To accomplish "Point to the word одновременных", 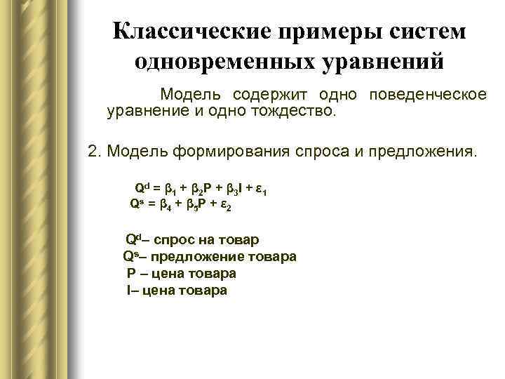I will click(220, 61).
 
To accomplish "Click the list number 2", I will click(93, 152).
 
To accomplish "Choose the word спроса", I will click(309, 152).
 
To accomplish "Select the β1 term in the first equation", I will click(168, 189).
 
